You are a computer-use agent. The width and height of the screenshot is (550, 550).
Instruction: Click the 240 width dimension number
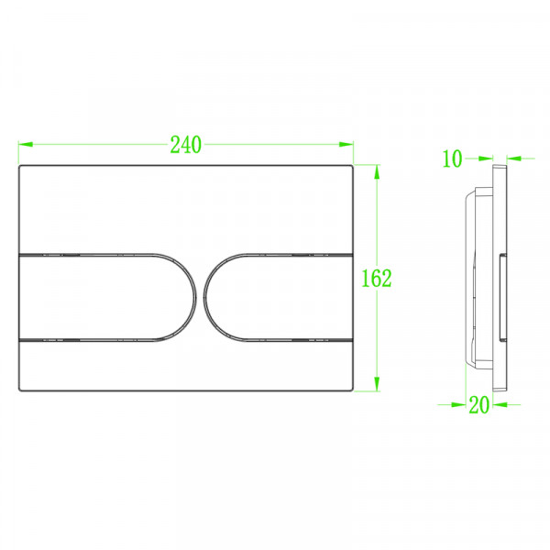(x=186, y=145)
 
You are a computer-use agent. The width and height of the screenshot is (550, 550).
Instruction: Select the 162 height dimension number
(x=376, y=278)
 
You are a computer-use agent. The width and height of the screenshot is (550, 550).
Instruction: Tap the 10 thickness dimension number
(x=452, y=159)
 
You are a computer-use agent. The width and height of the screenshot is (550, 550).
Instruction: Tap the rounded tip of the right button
(x=208, y=298)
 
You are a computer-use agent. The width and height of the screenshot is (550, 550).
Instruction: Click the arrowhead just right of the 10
(x=475, y=159)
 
